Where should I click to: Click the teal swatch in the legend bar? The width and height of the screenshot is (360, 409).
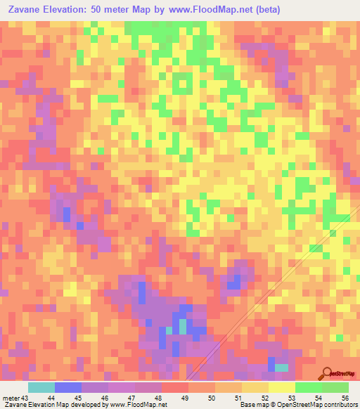[41, 387]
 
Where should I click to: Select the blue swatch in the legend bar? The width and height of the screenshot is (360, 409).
[68, 387]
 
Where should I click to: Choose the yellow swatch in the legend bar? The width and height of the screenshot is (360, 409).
[282, 387]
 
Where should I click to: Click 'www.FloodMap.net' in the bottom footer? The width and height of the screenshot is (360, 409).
[137, 404]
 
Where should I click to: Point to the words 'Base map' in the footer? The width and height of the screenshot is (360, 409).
[251, 404]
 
